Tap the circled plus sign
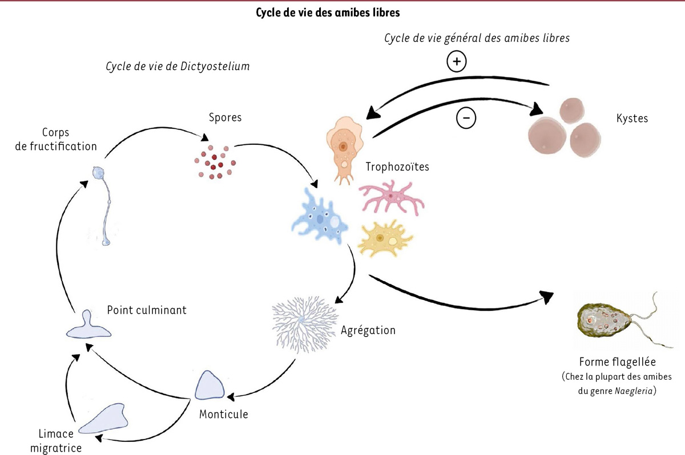pyautogui.click(x=457, y=62)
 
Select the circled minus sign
pyautogui.click(x=466, y=118)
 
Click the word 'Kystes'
pyautogui.click(x=632, y=119)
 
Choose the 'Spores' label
pyautogui.click(x=226, y=118)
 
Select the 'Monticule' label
pyautogui.click(x=223, y=414)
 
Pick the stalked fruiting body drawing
pyautogui.click(x=103, y=205)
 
